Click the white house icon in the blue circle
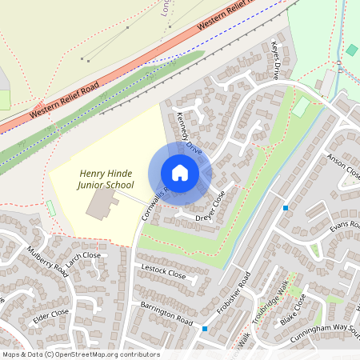[x=180, y=173]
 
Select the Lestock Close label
[x=163, y=272]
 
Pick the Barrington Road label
[x=167, y=313]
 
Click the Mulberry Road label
[x=47, y=262]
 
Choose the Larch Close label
[x=83, y=260]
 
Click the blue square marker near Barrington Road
[x=206, y=329]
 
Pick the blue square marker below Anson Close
[x=286, y=209]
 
